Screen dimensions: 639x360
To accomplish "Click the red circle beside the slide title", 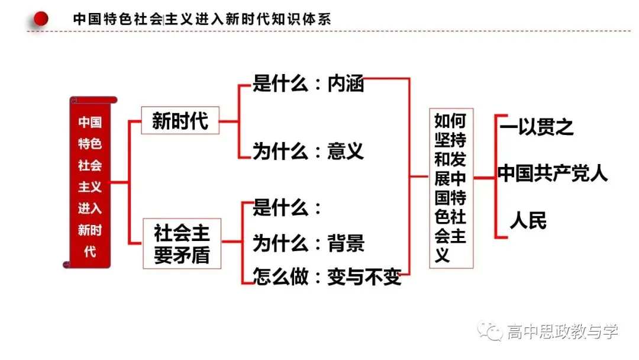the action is [41, 18].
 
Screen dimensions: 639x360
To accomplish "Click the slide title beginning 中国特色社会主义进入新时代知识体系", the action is [202, 19].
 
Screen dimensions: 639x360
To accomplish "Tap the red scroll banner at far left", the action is [90, 182].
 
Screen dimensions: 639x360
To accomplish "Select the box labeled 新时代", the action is [180, 120].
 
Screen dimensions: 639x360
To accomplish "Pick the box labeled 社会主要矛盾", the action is [182, 243].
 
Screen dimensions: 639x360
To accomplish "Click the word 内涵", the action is [346, 83].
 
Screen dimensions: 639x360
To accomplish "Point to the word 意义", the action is [346, 151].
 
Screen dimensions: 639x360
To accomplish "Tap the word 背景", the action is [346, 243].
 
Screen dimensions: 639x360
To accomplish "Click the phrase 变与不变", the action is [364, 277].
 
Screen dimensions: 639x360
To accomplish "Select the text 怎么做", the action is [280, 277].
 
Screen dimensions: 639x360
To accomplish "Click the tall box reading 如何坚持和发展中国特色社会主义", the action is [451, 188].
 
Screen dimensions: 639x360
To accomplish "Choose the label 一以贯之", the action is [536, 127].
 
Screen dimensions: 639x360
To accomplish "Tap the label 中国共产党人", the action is [553, 173].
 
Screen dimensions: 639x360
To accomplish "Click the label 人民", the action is [528, 221].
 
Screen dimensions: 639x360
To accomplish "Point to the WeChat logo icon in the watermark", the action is [489, 330].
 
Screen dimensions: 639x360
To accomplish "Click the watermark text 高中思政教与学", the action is [563, 332].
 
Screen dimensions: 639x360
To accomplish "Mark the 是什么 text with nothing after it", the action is [280, 207].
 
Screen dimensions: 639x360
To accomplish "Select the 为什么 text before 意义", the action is [280, 151].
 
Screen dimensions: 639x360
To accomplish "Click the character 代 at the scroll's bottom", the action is [90, 252].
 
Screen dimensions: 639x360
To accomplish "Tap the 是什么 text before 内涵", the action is [280, 83].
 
